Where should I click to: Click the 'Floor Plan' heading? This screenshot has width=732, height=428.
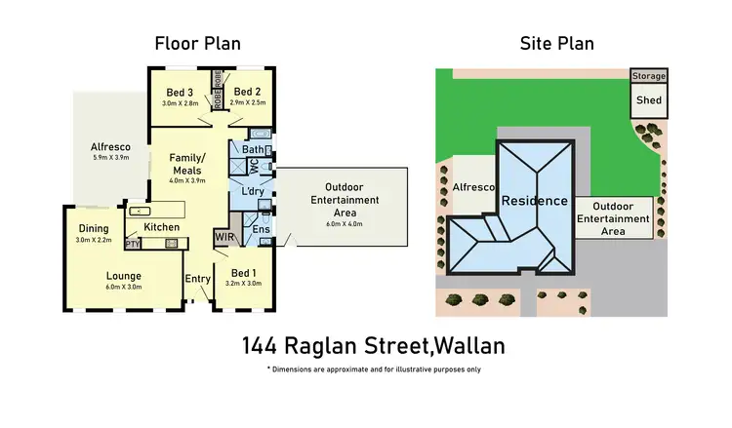198,44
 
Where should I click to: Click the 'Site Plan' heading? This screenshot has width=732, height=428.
557,44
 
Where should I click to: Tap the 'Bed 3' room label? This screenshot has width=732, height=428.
183,92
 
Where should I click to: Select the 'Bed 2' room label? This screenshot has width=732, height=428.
249,92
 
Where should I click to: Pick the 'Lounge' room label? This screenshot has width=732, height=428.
124,275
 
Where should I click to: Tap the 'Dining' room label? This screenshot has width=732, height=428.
95,229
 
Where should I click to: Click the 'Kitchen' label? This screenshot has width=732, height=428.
161,227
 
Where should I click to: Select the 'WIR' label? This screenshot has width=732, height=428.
224,237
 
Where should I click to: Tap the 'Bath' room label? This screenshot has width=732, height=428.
252,150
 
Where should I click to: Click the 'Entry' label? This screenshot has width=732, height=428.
198,279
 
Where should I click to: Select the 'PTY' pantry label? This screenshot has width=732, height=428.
133,244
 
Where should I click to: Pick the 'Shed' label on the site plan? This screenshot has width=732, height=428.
648,99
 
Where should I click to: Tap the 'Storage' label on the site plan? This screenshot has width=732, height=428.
649,75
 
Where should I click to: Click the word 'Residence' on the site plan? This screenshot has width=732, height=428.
534,201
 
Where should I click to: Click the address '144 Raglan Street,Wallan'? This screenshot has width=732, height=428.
373,345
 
